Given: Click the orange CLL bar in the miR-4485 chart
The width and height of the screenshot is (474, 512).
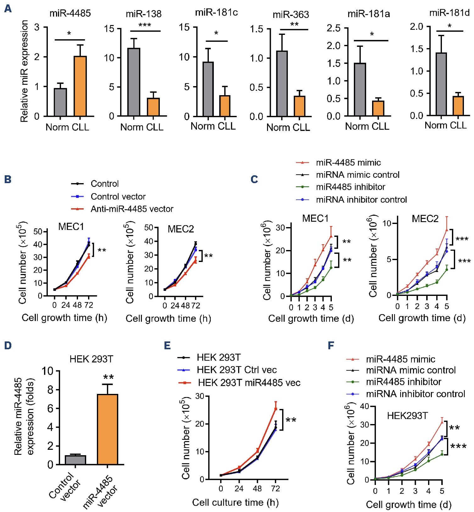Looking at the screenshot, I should click(80, 86).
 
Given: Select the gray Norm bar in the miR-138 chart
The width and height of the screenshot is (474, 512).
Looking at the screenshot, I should click(134, 82).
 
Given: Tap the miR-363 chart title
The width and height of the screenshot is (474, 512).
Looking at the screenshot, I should click(291, 14).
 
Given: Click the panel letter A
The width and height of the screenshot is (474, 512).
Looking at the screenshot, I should click(8, 8).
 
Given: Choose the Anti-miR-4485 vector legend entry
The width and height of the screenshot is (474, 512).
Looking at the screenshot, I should click(132, 209).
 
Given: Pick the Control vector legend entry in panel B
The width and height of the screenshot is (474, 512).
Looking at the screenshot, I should click(118, 197).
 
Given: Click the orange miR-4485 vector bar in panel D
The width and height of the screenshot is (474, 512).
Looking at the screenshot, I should click(108, 429).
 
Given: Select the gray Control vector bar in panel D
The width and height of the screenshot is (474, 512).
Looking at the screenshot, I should click(75, 460).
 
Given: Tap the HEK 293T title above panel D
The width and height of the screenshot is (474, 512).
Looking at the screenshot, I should click(91, 359).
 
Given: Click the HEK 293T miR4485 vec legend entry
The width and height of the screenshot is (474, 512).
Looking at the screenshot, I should click(249, 383).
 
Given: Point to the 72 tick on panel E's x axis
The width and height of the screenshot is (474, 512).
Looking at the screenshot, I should click(276, 488).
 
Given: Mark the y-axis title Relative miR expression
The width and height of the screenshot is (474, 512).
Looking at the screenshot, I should click(24, 71).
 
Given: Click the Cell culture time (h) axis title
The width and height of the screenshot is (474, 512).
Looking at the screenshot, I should click(235, 502).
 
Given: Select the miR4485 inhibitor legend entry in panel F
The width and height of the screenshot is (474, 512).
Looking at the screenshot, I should click(404, 382).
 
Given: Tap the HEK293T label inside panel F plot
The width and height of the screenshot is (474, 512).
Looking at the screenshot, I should click(407, 416).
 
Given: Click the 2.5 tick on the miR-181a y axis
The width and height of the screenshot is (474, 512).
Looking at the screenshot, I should click(334, 28).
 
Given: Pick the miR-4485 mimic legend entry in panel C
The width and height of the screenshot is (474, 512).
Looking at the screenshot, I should click(348, 162).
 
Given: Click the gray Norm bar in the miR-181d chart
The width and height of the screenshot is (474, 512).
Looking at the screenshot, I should click(441, 84).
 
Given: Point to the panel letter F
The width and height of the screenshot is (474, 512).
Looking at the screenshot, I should click(331, 346).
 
